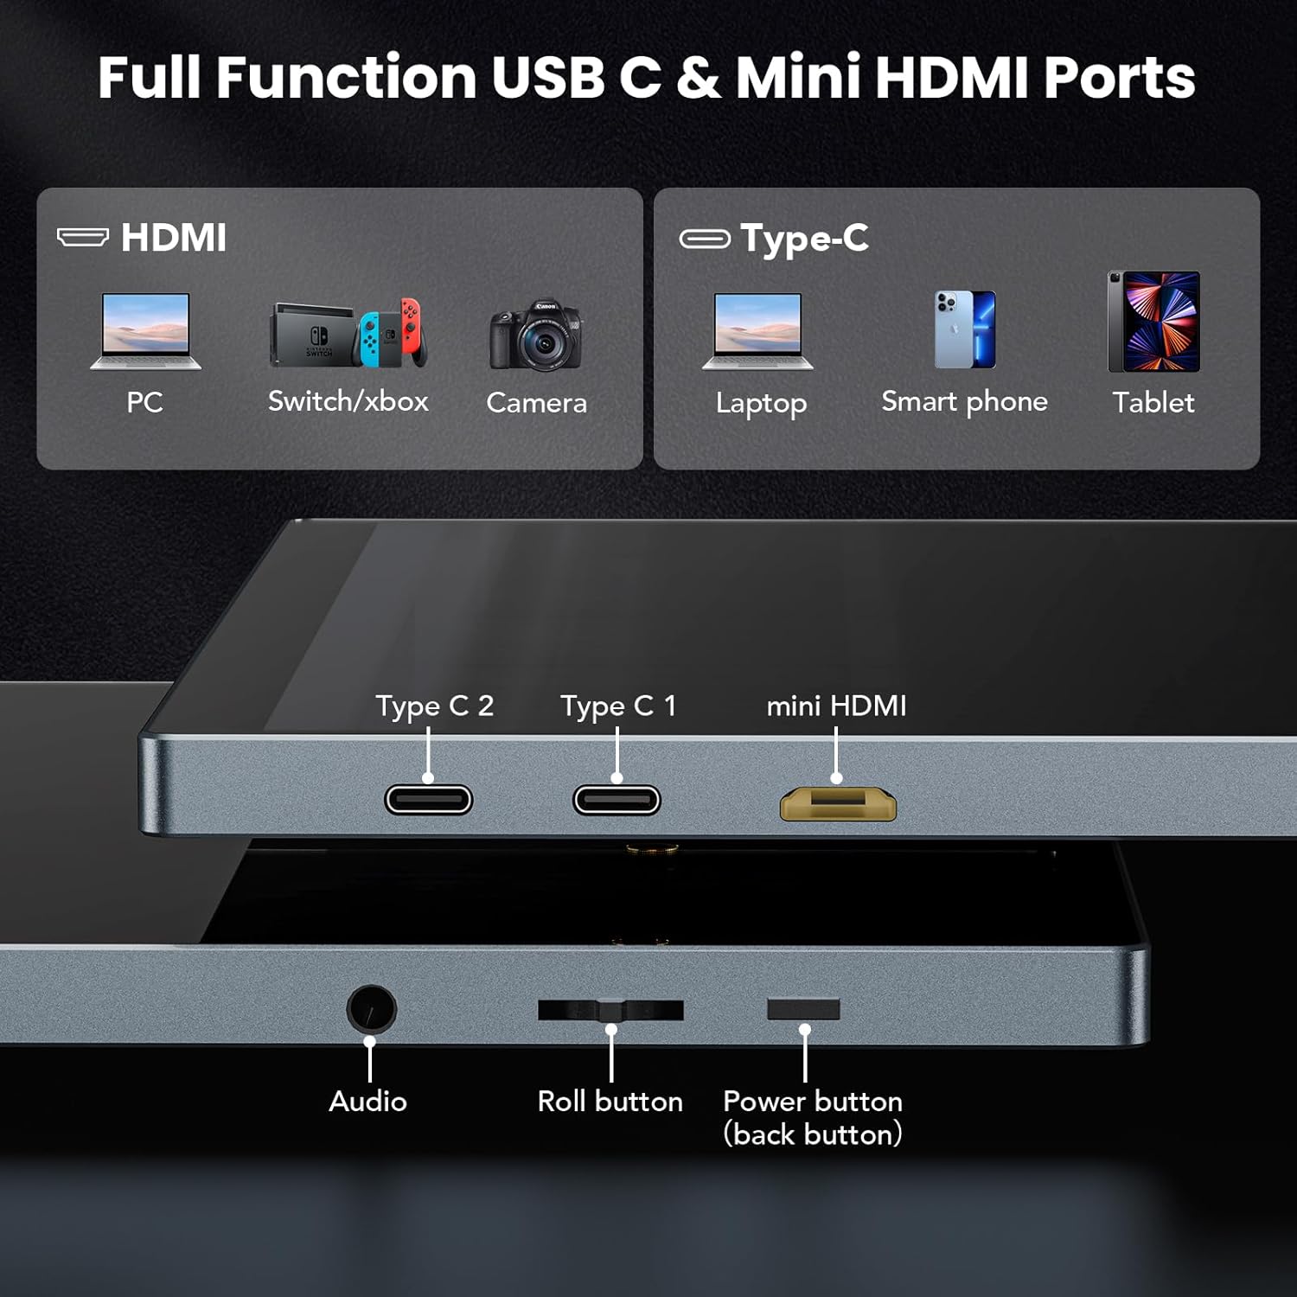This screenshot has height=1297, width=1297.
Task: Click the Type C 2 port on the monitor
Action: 429,800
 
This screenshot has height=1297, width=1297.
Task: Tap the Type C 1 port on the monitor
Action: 617,800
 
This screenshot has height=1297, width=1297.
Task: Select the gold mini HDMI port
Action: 838,804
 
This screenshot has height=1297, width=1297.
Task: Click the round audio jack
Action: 372,1009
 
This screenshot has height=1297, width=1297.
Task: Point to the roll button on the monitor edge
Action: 610,1010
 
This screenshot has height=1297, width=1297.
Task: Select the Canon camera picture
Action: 536,335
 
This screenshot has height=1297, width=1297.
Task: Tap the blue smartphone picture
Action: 965,329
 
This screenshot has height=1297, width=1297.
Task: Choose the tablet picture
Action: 1154,322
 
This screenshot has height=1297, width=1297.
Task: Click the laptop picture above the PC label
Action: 145,331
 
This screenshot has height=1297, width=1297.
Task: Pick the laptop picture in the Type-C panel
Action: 757,331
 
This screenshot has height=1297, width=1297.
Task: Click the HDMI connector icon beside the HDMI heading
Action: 83,237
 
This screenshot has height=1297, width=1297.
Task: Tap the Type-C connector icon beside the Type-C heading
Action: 705,239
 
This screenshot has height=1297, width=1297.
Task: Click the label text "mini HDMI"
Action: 836,706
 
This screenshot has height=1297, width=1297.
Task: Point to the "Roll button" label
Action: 610,1101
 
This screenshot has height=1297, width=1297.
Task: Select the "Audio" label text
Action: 368,1101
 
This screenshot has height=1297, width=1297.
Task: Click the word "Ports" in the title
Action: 1120,78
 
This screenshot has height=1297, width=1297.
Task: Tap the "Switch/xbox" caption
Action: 348,401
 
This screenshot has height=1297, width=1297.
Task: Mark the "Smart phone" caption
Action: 965,402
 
